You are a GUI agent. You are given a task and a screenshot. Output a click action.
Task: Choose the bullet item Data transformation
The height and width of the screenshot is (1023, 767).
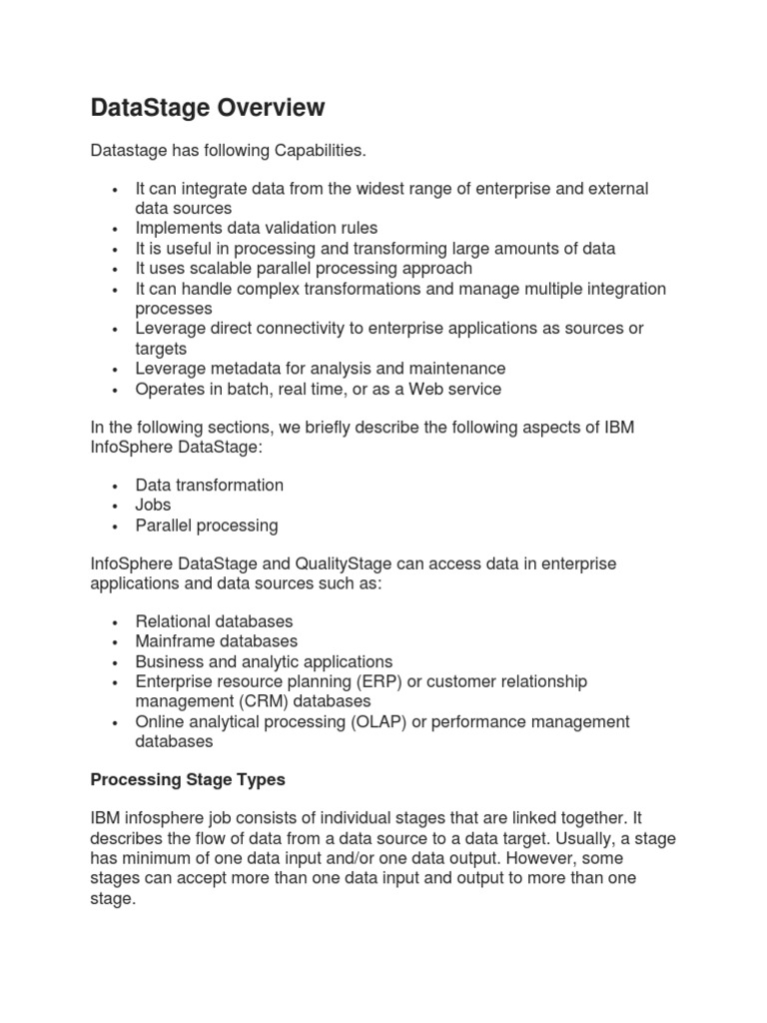click(x=209, y=486)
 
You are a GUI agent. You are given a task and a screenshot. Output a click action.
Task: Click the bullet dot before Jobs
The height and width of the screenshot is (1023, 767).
click(x=117, y=507)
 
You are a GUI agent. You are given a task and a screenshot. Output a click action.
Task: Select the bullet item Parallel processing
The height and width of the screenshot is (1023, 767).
click(x=207, y=525)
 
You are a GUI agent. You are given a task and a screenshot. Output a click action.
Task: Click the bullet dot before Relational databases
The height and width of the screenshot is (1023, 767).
click(x=117, y=622)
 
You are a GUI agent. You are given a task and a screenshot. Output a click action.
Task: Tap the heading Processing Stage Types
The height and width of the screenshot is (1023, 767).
click(x=189, y=779)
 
